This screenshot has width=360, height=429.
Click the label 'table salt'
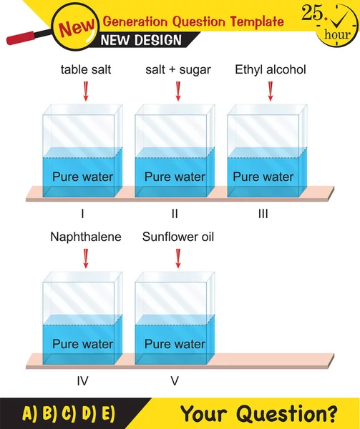tap(85, 69)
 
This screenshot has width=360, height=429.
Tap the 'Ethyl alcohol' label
tap(271, 69)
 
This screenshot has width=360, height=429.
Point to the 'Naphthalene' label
tap(86, 237)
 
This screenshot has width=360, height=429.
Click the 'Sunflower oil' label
tap(178, 237)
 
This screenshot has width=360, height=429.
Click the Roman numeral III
tap(264, 213)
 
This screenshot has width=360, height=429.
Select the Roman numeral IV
tap(82, 381)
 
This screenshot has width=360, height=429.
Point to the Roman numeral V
tap(175, 381)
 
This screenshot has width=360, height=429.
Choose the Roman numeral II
tap(175, 213)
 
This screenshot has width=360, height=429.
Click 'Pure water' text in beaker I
tap(83, 177)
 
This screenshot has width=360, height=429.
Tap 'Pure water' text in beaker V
tap(175, 344)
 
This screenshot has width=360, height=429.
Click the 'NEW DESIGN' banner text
tap(141, 40)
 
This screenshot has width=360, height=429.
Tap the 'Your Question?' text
tap(258, 413)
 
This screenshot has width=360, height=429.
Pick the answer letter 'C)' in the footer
tap(68, 414)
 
